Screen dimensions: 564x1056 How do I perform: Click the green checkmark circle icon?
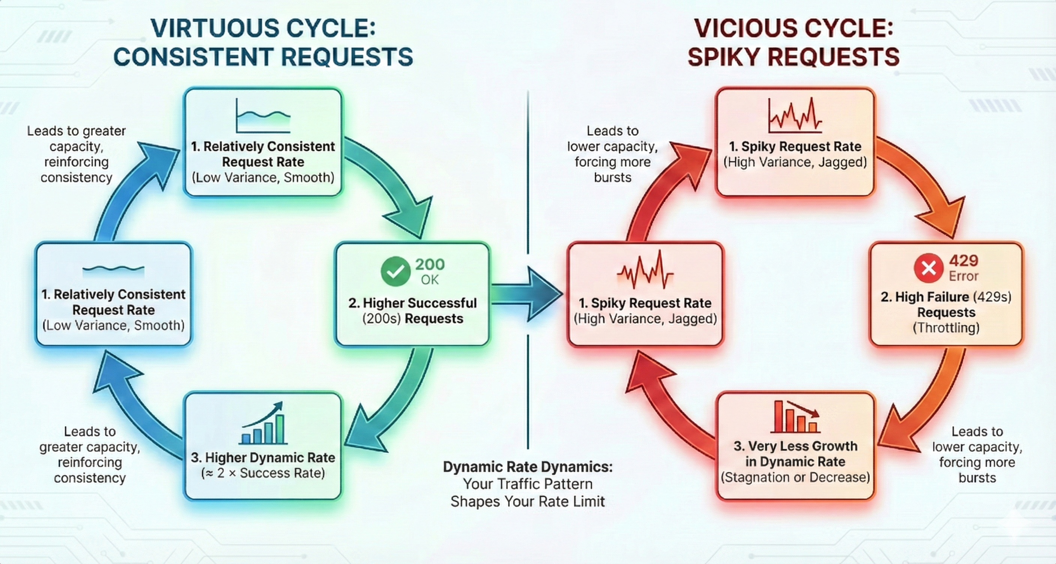395,271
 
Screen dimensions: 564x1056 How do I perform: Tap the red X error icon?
928,268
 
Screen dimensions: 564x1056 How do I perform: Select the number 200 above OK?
430,264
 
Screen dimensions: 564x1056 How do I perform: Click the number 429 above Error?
963,261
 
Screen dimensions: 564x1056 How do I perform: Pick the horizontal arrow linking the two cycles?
527,294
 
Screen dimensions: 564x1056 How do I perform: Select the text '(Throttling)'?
946,328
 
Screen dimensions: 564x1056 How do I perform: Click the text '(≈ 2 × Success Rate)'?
263,473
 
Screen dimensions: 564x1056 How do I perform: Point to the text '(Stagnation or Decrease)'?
795,477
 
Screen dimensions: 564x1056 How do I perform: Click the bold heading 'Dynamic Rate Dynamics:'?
528,467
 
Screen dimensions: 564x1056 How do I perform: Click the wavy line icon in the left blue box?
114,269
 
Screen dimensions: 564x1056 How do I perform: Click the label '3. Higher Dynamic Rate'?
263,458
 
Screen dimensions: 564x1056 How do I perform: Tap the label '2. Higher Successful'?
412,303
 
